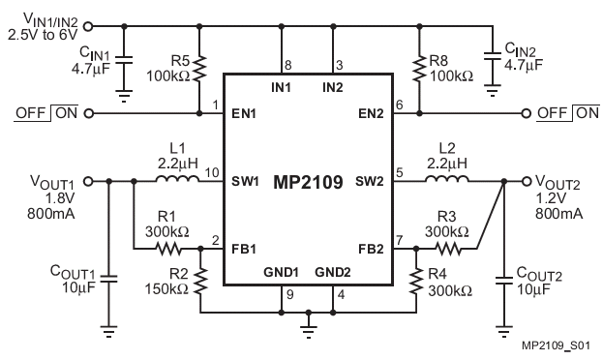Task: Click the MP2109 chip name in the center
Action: [308, 182]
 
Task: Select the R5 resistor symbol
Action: [199, 68]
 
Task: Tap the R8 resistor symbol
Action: [419, 68]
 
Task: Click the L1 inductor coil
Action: [178, 179]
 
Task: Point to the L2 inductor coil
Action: [447, 179]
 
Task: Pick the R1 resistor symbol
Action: [168, 249]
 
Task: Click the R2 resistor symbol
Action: [200, 281]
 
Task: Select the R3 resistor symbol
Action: [448, 249]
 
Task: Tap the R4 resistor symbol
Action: [416, 281]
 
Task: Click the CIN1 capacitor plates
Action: [124, 60]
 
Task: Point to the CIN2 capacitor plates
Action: [493, 56]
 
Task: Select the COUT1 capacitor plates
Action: [108, 279]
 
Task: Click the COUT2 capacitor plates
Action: [503, 281]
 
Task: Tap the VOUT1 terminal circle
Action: [88, 181]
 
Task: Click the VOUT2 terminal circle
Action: [527, 181]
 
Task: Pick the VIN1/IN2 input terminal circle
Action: [88, 26]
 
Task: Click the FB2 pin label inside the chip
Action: [371, 249]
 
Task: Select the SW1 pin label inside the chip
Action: [245, 181]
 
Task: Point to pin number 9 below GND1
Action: [290, 294]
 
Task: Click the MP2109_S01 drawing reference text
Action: [556, 345]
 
